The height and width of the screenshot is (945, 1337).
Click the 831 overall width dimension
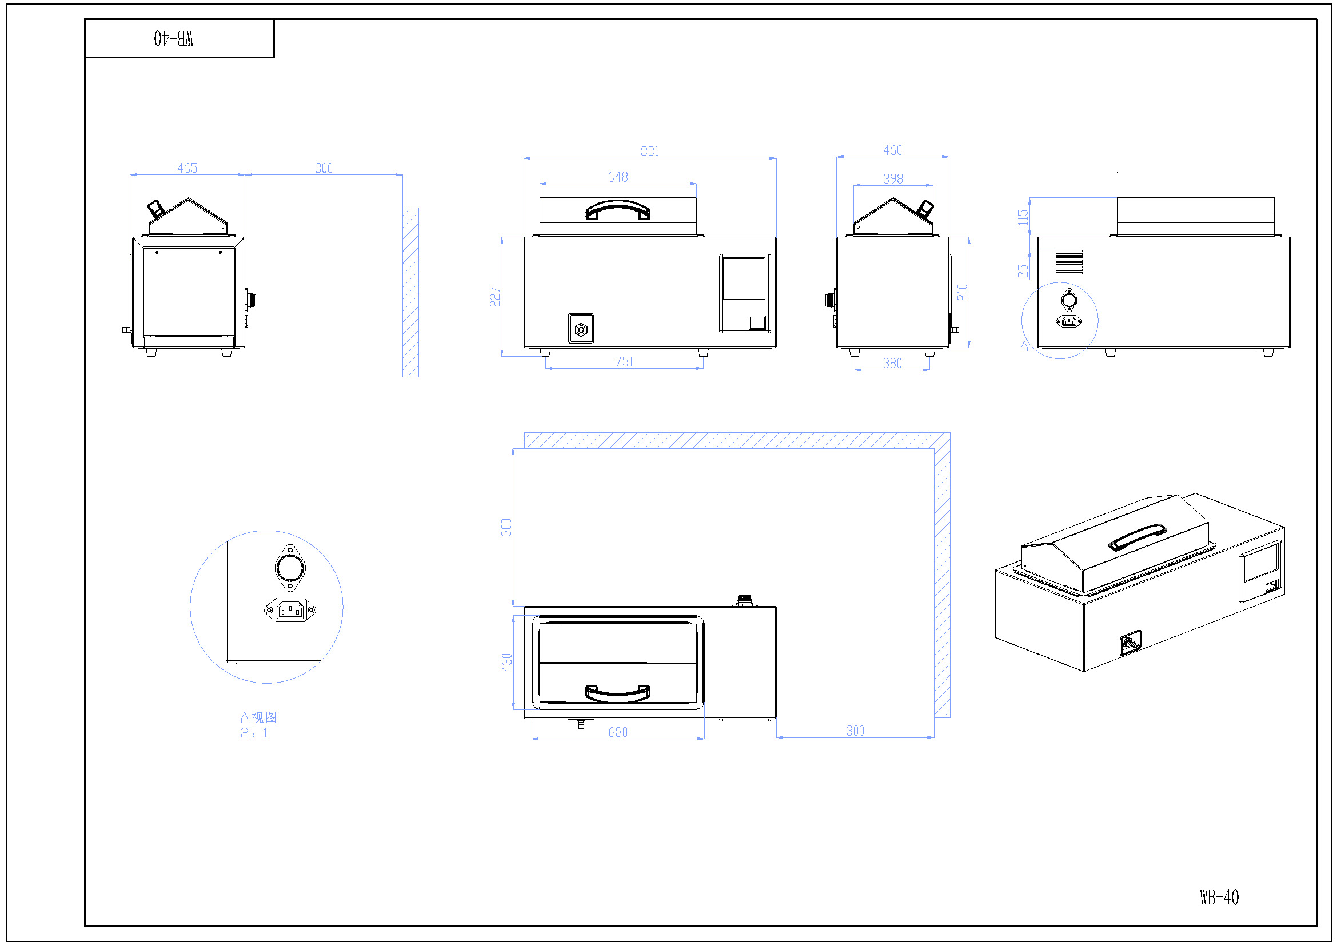pyautogui.click(x=650, y=151)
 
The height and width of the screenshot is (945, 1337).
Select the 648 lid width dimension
pyautogui.click(x=618, y=177)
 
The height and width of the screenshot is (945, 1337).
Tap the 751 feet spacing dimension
pyautogui.click(x=624, y=361)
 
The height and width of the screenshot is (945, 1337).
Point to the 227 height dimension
pyautogui.click(x=495, y=297)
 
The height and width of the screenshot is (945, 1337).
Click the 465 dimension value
pyautogui.click(x=187, y=168)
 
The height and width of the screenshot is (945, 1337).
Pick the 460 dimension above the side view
pyautogui.click(x=892, y=150)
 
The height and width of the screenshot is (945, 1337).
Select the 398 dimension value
pyautogui.click(x=893, y=179)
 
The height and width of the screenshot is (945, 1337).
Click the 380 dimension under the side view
pyautogui.click(x=892, y=364)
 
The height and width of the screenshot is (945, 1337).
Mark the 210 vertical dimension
pyautogui.click(x=962, y=292)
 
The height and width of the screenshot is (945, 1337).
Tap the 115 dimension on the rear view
pyautogui.click(x=1023, y=217)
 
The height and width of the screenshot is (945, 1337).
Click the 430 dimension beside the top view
pyautogui.click(x=506, y=663)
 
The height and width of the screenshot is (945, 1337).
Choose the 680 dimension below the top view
pyautogui.click(x=618, y=732)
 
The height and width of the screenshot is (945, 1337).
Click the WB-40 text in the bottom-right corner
pyautogui.click(x=1219, y=897)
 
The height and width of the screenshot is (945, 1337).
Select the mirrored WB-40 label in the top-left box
pyautogui.click(x=174, y=38)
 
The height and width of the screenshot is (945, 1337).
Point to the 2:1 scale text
pyautogui.click(x=254, y=733)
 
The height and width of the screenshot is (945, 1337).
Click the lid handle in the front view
pyautogui.click(x=618, y=210)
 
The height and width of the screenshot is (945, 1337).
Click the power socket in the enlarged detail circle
pyautogui.click(x=290, y=610)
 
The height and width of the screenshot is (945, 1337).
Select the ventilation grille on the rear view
pyautogui.click(x=1069, y=262)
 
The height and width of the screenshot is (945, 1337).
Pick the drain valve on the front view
pyautogui.click(x=581, y=329)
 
